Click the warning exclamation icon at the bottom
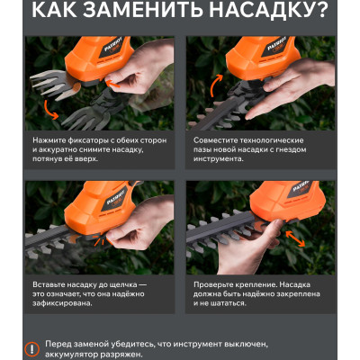(x=31, y=349)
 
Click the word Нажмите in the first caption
(x=49, y=140)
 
